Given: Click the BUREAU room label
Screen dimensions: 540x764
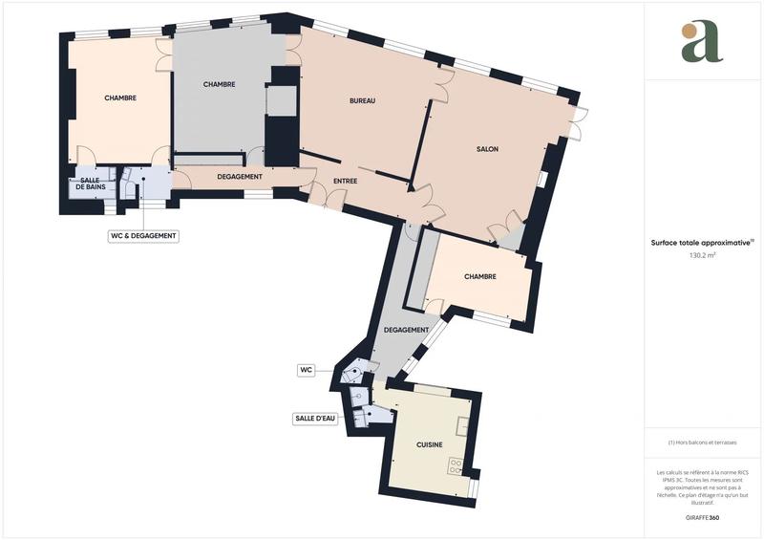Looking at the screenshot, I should click(362, 100).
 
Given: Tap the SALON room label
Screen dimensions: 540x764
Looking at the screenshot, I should click(487, 149).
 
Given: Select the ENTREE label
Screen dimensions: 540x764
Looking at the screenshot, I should click(345, 182).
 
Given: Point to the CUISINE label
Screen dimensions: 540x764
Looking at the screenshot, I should click(429, 445).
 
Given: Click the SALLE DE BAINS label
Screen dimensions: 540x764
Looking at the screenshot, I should click(91, 184).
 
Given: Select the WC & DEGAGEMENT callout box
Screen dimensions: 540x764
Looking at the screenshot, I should click(143, 235).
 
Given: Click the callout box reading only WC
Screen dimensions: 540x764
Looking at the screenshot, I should click(307, 368).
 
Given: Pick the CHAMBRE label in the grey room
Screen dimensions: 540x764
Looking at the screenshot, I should click(219, 84).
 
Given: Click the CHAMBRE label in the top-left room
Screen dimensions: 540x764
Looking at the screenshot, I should click(119, 97).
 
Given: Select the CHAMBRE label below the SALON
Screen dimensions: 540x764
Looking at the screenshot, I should click(479, 277).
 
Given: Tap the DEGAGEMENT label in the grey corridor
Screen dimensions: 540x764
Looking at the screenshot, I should click(405, 330).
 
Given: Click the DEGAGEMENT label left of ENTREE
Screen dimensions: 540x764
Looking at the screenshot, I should click(240, 177).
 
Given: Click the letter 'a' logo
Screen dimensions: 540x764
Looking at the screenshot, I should click(702, 42).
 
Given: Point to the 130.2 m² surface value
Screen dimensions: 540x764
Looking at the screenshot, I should click(703, 256).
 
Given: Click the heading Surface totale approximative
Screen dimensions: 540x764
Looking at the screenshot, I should click(702, 243).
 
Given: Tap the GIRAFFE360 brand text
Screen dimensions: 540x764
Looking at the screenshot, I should click(702, 517).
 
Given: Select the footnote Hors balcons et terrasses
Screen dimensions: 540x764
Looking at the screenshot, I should click(702, 443).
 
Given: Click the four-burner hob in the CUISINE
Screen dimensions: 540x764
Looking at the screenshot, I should click(456, 467).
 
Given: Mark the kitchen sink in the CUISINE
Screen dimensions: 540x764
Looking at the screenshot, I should click(463, 425).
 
